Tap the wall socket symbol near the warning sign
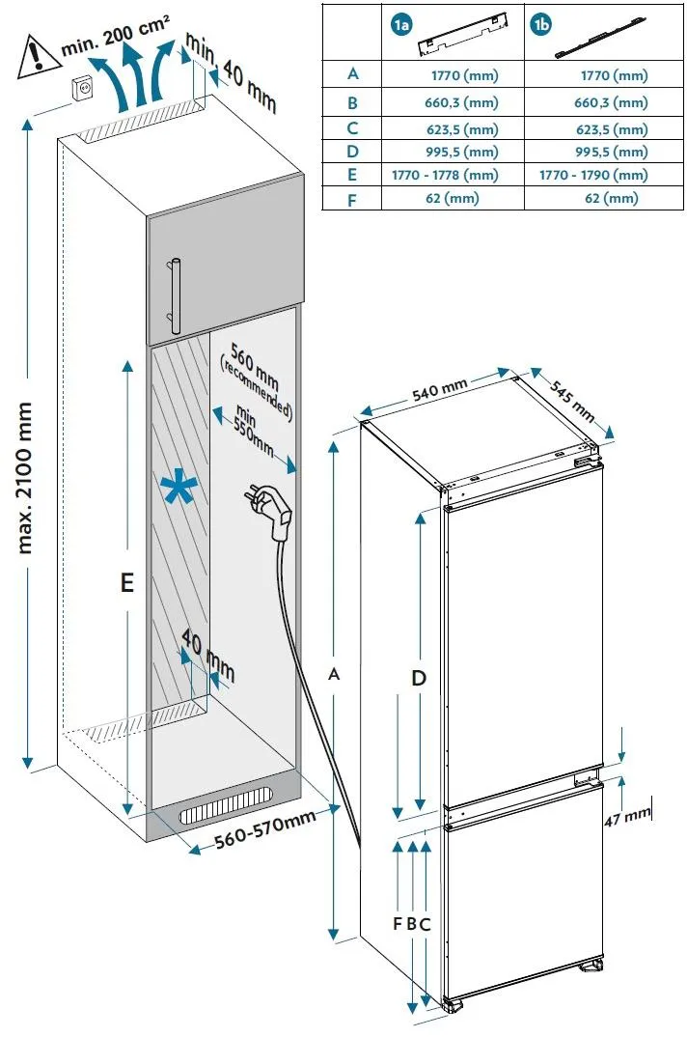click(85, 87)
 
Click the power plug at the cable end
click(273, 508)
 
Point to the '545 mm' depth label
click(572, 397)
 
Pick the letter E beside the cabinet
click(126, 582)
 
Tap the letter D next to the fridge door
click(419, 678)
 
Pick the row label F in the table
click(352, 198)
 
